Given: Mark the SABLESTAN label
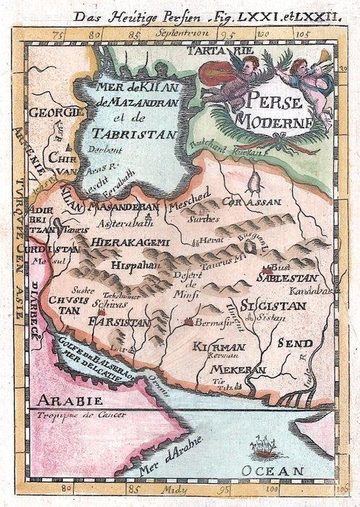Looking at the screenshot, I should coord(282,276).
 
